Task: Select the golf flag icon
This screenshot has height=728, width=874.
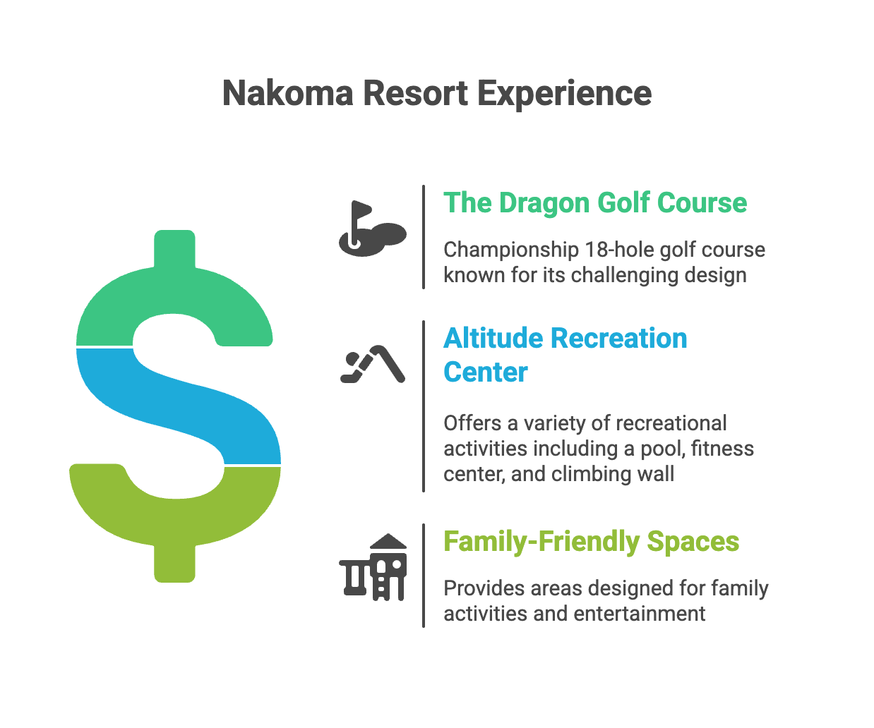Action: (x=372, y=229)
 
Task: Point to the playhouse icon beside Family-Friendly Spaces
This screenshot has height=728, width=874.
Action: (x=373, y=567)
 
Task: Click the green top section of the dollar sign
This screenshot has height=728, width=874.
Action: (x=174, y=296)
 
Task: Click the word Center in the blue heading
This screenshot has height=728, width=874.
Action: (x=485, y=372)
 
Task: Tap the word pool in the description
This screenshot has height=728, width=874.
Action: (x=662, y=449)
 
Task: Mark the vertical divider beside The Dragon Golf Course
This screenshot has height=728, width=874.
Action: (x=424, y=237)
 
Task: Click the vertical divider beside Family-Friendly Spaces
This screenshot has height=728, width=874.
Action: (x=424, y=576)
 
